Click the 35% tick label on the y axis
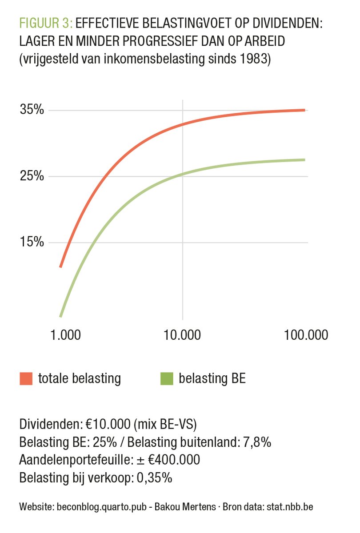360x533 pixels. pos(32,110)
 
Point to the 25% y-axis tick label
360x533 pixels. pos(32,176)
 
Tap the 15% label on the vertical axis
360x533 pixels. pos(32,243)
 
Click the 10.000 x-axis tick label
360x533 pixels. pos(183,334)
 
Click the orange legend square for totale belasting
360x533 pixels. pos(26,379)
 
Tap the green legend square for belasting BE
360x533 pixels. pos(166,379)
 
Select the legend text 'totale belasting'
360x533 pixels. pos(80,379)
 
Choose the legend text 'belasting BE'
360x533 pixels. pos(212,379)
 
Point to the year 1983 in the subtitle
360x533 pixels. pos(255,59)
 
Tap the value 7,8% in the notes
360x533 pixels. pos(257,443)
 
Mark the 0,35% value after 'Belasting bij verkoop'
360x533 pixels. pos(155,478)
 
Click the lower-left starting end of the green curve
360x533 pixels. pos(60,316)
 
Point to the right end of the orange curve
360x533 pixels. pos(304,110)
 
